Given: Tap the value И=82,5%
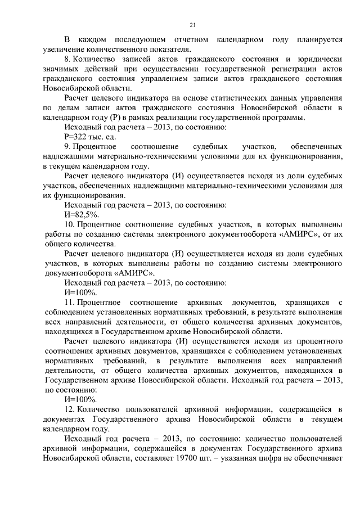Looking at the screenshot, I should click(82, 214).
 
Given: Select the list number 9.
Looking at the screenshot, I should click(68, 146).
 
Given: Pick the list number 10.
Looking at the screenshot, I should click(70, 224).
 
